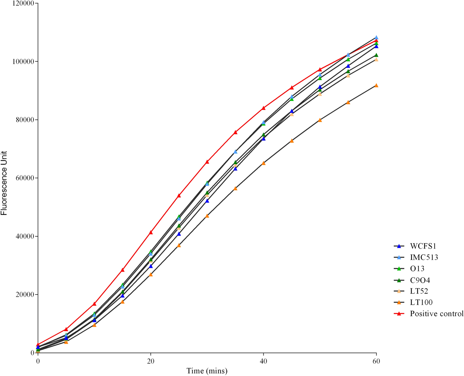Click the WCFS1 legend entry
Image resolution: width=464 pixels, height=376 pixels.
(423, 246)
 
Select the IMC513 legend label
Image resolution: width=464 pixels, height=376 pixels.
(424, 257)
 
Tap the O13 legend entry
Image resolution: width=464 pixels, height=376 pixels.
(417, 269)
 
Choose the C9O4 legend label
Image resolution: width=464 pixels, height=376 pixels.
(420, 280)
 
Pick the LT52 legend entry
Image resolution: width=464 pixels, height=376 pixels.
(419, 291)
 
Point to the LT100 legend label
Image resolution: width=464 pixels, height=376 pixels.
(421, 302)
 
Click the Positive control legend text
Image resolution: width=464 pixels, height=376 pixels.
(436, 314)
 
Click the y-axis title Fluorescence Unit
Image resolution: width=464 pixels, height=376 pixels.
(4, 183)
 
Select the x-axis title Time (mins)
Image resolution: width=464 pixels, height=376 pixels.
(207, 371)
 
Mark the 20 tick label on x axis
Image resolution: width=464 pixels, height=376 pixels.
(151, 361)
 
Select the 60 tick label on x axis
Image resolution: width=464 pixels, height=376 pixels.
(376, 361)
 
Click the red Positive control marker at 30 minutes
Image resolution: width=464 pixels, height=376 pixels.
(207, 162)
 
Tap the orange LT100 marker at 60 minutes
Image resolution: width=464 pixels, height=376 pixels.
(376, 85)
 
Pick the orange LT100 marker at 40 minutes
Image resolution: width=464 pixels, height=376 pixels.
(264, 163)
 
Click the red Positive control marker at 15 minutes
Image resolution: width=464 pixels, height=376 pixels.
(123, 270)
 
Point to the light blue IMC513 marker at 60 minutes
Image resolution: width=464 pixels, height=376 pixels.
(376, 37)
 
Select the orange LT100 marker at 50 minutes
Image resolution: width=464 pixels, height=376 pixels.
(320, 120)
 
